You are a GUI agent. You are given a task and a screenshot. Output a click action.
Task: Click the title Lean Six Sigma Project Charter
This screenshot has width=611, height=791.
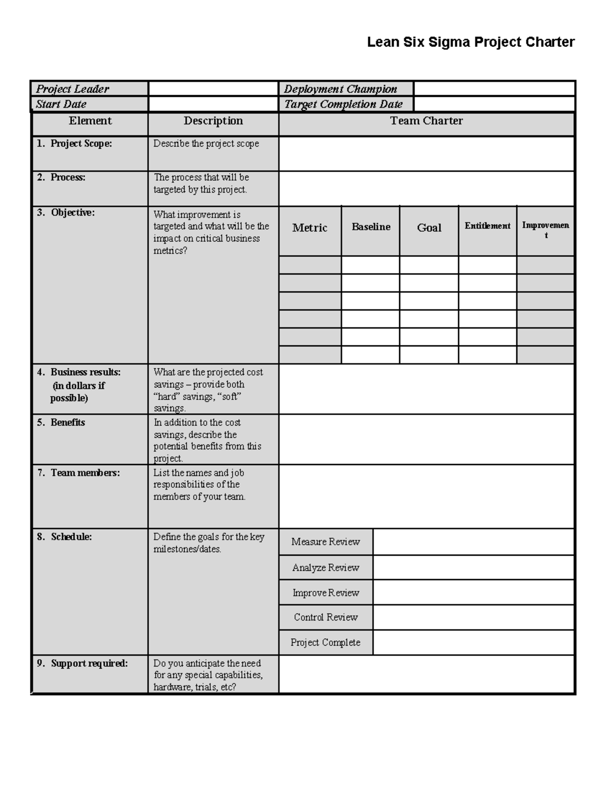pos(470,42)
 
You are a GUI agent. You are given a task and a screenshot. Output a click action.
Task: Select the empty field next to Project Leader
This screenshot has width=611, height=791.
pos(213,89)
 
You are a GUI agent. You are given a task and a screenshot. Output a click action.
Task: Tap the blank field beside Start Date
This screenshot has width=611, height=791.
pos(213,104)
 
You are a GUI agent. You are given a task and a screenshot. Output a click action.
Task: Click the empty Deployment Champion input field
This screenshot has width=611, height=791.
pos(494,89)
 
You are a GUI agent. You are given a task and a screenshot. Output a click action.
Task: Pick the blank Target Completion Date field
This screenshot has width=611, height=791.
pos(494,104)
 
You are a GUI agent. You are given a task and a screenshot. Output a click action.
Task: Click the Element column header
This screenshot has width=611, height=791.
pos(90,121)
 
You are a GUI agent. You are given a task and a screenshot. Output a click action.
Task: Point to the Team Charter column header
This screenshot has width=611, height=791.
pos(426,121)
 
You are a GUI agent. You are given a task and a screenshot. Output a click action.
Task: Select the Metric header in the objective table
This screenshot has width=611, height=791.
pos(310,228)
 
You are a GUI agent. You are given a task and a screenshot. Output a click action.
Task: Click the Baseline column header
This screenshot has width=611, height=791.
pos(371,227)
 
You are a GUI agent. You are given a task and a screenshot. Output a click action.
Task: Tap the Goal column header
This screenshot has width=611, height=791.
pos(429,228)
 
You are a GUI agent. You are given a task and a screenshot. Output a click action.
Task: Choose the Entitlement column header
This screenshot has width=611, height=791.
pos(487,226)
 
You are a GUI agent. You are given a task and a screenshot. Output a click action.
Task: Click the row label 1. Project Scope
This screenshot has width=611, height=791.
pos(74,144)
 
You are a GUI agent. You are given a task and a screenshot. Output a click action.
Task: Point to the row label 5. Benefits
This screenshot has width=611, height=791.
pos(61,422)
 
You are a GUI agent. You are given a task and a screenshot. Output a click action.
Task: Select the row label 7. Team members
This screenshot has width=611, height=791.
pos(78,473)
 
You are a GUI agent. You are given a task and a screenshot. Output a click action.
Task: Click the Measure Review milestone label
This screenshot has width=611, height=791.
pos(325,542)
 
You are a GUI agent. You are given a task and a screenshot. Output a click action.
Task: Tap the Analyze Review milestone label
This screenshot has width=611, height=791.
pos(325,567)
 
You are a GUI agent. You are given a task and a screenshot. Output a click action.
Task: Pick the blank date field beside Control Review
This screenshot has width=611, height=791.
pos(474,617)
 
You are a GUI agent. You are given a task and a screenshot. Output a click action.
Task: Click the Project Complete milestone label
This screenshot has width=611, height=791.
pos(325,643)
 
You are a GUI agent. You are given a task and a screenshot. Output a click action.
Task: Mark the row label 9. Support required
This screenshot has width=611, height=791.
pos(82,663)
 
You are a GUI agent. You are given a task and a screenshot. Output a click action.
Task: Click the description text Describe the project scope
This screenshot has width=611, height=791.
pos(206,144)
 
